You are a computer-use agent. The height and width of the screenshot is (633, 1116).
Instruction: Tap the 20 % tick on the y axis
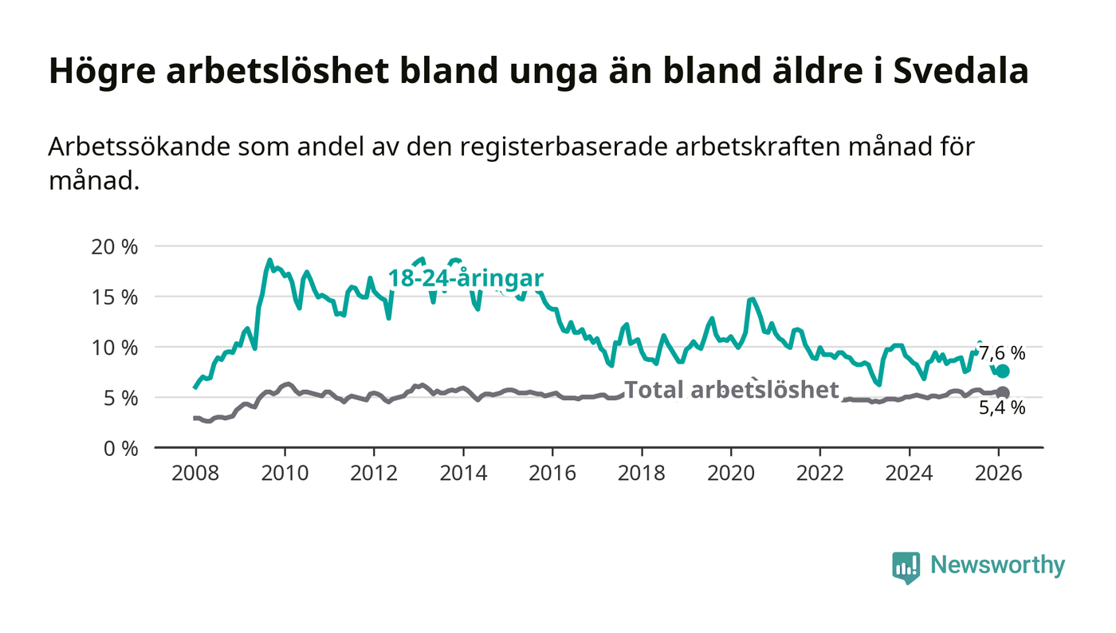[116, 246]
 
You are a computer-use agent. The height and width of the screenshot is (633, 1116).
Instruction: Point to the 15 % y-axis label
[116, 297]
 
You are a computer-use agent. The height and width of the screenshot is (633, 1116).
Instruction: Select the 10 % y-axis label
[116, 348]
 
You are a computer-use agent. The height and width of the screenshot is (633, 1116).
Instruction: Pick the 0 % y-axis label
[121, 448]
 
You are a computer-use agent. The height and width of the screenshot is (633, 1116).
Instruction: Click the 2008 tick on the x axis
[195, 471]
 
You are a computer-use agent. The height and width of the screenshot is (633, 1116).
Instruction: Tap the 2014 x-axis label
[463, 471]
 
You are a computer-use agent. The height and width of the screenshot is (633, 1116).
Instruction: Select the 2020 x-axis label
[731, 471]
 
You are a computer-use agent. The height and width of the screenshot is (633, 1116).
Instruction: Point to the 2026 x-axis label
[999, 471]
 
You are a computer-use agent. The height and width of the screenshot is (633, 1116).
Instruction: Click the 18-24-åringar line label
[466, 278]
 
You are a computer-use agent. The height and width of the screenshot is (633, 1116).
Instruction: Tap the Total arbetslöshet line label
[731, 390]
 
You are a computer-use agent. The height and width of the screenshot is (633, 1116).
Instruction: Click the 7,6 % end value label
[1002, 353]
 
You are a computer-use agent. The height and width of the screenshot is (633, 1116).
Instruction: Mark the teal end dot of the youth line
[1003, 372]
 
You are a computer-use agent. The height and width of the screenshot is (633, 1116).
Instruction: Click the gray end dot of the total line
[1003, 392]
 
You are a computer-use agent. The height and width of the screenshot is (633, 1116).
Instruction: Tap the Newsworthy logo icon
[906, 567]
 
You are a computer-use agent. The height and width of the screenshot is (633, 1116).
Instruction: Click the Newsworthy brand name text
[997, 565]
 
